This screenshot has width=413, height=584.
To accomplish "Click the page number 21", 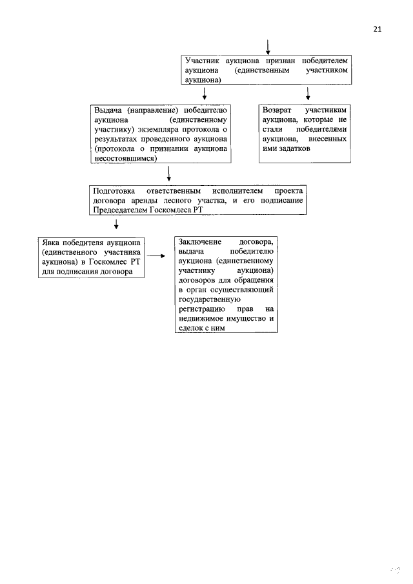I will (378, 29).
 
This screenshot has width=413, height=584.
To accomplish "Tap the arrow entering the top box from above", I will (267, 46).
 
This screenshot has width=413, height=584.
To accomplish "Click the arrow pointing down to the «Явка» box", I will (116, 225).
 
